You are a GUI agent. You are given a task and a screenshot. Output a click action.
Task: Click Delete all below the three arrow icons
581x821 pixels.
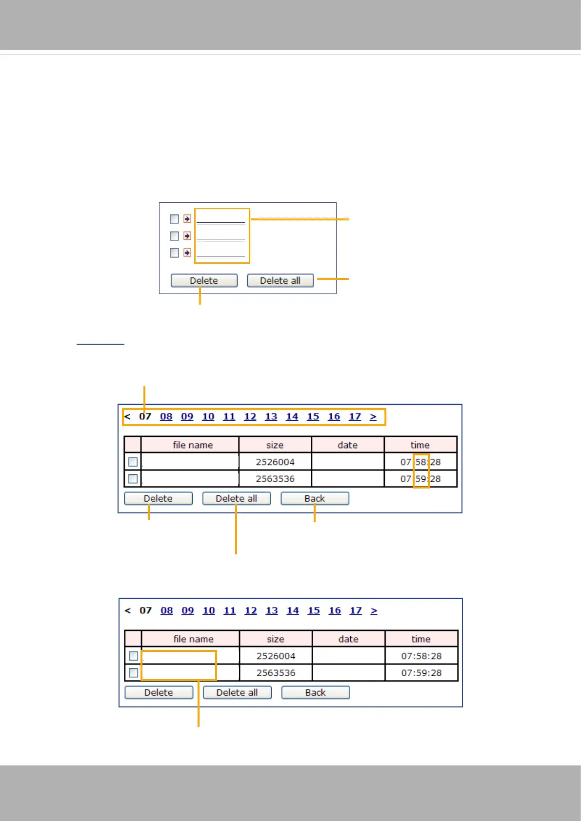click(x=280, y=280)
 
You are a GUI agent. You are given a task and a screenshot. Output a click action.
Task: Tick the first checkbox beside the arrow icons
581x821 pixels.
click(x=174, y=219)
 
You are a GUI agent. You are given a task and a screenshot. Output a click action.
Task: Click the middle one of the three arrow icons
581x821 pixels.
click(x=187, y=236)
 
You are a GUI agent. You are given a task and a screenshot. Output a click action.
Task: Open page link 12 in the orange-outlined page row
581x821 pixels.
click(x=250, y=417)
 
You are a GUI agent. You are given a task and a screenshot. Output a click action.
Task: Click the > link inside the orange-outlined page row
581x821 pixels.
click(x=373, y=417)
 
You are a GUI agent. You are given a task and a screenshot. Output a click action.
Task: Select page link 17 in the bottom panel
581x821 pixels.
click(x=356, y=611)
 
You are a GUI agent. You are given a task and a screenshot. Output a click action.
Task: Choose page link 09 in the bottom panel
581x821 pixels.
click(x=188, y=611)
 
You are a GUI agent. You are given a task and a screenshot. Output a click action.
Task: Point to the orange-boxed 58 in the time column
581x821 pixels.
click(x=421, y=462)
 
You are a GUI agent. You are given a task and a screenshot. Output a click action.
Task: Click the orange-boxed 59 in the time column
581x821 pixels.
click(x=421, y=479)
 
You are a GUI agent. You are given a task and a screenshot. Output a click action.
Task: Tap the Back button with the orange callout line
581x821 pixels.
click(x=315, y=498)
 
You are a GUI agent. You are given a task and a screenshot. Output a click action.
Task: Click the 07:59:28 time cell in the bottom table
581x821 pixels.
click(x=421, y=673)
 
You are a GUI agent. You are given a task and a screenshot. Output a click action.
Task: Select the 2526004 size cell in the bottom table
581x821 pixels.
click(x=276, y=656)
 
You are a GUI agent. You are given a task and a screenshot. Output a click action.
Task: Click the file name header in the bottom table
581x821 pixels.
click(x=193, y=639)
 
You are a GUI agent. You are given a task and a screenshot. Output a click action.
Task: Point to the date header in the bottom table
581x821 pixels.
click(x=348, y=639)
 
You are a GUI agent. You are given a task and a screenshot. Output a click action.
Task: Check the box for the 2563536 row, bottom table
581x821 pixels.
click(x=133, y=673)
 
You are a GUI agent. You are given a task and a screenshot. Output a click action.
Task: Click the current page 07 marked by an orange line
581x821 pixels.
click(x=145, y=417)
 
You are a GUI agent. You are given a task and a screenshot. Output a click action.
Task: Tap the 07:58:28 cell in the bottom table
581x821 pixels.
click(x=421, y=656)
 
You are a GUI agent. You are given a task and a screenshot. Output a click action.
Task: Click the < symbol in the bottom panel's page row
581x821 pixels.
click(x=128, y=611)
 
